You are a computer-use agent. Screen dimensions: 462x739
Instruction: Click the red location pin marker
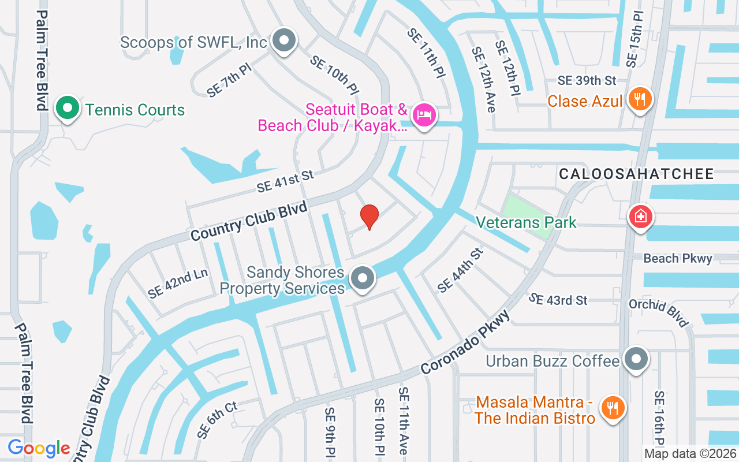point(369,217)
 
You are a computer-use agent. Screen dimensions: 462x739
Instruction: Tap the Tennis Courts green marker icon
point(68,108)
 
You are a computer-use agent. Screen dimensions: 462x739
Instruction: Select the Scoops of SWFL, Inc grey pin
point(283,41)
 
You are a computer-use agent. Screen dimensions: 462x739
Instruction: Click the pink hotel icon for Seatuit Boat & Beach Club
point(425,115)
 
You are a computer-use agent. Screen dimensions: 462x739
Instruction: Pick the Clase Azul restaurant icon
point(639,99)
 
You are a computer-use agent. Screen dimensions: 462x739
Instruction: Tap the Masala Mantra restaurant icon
point(613,408)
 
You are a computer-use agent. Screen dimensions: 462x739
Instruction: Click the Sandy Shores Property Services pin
point(363,278)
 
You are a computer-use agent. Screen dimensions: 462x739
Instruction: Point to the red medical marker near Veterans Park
point(640,217)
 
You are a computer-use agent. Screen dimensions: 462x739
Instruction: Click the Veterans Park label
point(525,222)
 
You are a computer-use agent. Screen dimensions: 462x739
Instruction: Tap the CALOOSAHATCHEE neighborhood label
point(636,174)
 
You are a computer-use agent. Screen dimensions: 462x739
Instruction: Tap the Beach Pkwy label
point(678,258)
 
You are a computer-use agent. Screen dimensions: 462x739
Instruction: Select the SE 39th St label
point(587,80)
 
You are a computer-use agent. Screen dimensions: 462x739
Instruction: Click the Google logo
point(39,448)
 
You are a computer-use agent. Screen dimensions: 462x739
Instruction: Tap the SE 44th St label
point(460,270)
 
